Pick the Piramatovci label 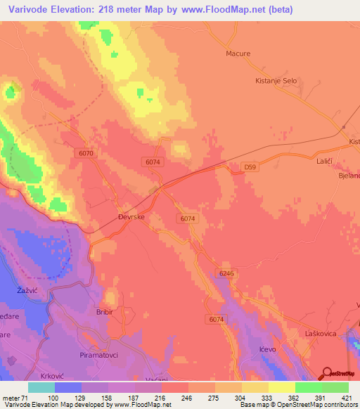tap(102, 337)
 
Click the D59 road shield tap(249, 167)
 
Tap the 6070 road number tap(86, 153)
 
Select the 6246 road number tap(226, 273)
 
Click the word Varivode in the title tap(26, 9)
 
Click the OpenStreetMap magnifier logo tap(327, 373)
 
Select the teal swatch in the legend tap(41, 387)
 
